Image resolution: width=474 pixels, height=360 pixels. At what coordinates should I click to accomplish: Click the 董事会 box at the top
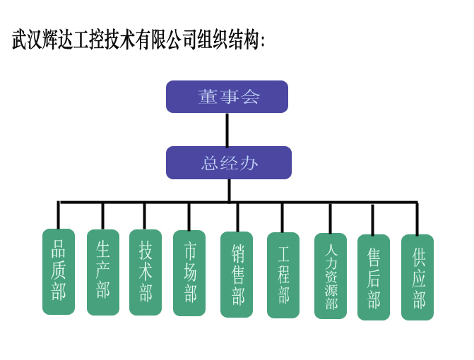coord(227,97)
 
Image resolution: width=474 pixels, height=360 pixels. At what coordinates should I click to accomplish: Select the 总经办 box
coord(228,162)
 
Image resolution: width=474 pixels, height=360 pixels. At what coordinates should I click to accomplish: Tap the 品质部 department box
coord(59,271)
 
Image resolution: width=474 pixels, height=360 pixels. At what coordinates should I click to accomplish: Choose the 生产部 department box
coord(103,272)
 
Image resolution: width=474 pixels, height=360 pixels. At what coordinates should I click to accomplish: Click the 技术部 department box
coord(146,272)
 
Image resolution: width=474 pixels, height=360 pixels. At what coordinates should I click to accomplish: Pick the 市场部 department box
coord(189,272)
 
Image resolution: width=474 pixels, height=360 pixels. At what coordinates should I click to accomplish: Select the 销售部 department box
coord(237,275)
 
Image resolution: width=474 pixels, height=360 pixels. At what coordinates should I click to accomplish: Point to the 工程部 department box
coord(283,275)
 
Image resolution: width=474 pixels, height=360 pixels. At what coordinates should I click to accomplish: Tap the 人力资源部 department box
coord(331,275)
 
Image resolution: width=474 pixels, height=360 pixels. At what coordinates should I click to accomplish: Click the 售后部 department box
coord(374,277)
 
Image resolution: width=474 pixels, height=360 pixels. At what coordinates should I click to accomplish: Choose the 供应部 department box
coord(417,277)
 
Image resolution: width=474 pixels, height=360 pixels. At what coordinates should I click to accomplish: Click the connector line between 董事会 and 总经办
coord(227,129)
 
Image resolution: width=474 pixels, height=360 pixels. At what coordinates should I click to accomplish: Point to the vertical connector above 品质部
coord(59,215)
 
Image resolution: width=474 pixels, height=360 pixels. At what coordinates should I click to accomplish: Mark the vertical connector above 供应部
coord(417,218)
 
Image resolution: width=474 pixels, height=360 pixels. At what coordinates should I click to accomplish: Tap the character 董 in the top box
coord(208,97)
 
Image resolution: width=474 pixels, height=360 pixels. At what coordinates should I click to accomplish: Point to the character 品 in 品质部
coord(59,249)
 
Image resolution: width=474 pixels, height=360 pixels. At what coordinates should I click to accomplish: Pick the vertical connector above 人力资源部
coord(330,217)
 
